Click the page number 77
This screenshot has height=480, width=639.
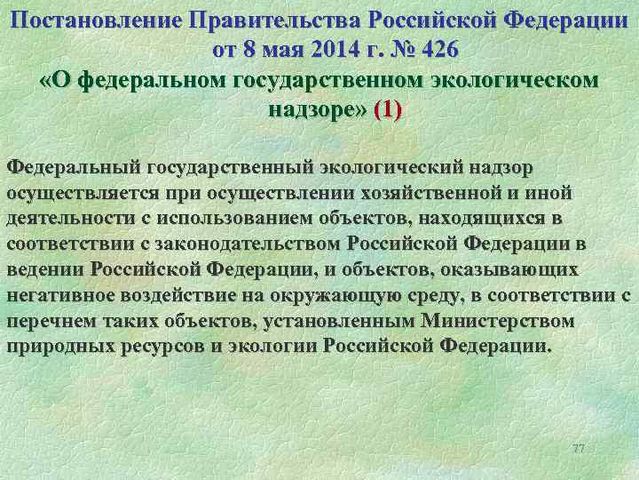point(579,447)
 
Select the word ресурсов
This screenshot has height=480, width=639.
point(163,346)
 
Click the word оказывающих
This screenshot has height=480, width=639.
point(504,269)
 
